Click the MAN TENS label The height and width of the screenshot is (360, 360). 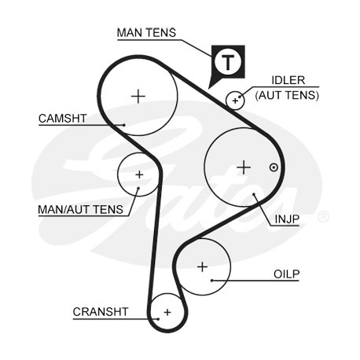(x=146, y=33)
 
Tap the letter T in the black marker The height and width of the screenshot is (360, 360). (x=228, y=62)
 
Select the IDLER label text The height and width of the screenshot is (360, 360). (x=288, y=80)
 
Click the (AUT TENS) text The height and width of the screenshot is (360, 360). (x=287, y=95)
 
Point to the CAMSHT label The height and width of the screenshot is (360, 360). (x=62, y=119)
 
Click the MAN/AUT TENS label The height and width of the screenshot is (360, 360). (x=80, y=210)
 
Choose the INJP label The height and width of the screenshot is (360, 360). (x=287, y=219)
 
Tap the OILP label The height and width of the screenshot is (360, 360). (x=286, y=274)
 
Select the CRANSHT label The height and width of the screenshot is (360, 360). (x=101, y=312)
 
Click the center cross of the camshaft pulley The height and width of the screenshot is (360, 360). (x=138, y=97)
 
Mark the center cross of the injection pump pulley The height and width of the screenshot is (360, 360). (x=244, y=167)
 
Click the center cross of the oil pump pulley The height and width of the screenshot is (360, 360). (x=202, y=267)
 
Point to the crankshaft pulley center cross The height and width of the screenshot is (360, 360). (x=167, y=312)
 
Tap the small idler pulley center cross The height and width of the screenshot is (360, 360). (x=235, y=101)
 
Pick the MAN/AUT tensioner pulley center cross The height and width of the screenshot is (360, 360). (x=139, y=174)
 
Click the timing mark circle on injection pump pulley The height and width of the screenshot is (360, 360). (x=274, y=167)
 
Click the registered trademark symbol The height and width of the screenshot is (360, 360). (x=323, y=217)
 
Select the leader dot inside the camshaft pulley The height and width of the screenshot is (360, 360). (x=124, y=125)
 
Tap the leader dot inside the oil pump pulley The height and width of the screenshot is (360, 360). (x=211, y=281)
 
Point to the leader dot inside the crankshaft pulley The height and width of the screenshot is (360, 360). (x=158, y=319)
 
